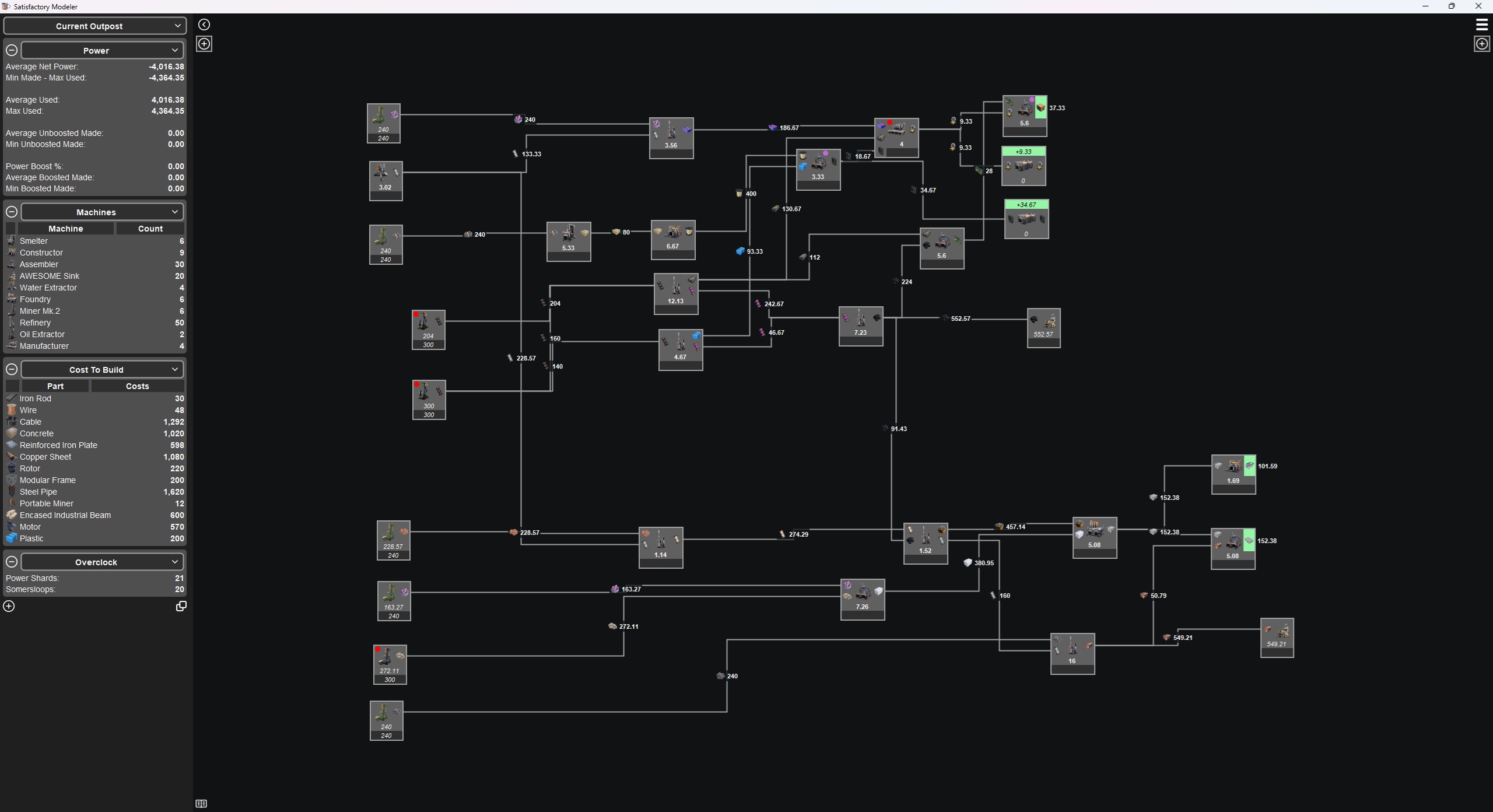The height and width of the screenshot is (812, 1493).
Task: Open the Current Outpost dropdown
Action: [95, 26]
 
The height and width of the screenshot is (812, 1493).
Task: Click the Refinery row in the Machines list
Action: [35, 323]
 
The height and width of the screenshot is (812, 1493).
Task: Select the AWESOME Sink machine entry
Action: [50, 276]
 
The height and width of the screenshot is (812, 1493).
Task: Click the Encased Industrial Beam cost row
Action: [65, 515]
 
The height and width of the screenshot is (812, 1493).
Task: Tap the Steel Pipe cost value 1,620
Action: [173, 492]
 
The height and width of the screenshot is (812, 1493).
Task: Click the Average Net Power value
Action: [166, 66]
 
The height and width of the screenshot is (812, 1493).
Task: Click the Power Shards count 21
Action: [179, 578]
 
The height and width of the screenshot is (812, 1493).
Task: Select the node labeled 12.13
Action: [675, 293]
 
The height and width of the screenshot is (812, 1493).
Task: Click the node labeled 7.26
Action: [862, 599]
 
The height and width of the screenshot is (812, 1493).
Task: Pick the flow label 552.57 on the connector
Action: [960, 318]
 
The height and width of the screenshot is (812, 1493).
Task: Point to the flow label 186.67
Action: [788, 128]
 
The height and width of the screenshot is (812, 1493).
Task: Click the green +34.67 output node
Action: [1026, 219]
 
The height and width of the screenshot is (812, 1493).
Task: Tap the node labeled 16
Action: [1072, 653]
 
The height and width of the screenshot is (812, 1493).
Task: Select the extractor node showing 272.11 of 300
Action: [390, 664]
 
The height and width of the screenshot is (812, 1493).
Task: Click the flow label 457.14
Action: [1015, 527]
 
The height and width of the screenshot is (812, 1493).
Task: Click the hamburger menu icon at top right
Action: [1481, 24]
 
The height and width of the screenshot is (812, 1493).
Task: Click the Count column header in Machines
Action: [150, 229]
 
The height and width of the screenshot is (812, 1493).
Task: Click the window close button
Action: [1478, 6]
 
